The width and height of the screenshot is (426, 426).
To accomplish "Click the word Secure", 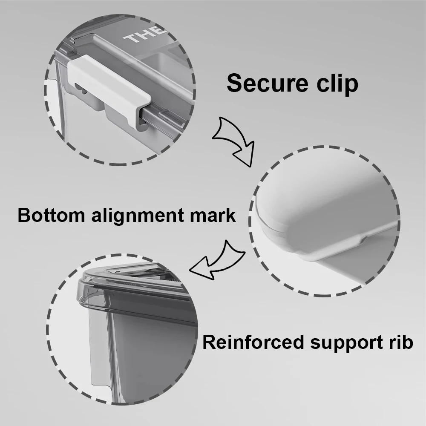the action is coord(268,83).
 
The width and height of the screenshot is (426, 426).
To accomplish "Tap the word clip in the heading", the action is coord(337,83).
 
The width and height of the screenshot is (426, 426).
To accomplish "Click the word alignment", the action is coord(137,216).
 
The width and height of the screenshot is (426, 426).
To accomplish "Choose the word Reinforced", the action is coord(253,342).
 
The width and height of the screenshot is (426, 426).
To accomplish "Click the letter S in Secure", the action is coord(234,83).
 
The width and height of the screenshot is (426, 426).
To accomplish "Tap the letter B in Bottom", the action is coord(24,215).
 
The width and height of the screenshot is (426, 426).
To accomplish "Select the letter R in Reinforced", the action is coord(210,343).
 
